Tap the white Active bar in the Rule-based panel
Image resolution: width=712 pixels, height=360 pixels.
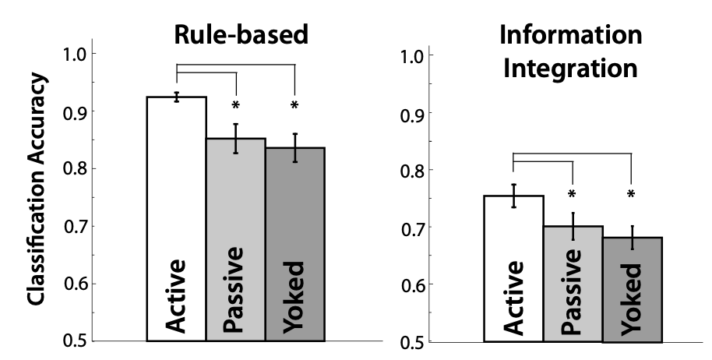(x=177, y=218)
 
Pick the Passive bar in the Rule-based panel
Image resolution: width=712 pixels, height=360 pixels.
(x=236, y=242)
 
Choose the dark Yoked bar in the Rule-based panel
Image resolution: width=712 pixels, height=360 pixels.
(x=295, y=245)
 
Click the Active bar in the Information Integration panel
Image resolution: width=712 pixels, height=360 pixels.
(x=513, y=269)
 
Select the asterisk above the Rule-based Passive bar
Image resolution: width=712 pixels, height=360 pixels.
(x=236, y=104)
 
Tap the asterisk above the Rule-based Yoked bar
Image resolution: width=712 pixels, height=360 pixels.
(x=295, y=104)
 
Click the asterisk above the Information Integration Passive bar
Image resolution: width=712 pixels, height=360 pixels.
(x=573, y=194)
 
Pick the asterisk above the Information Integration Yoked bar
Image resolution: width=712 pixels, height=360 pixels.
(x=632, y=194)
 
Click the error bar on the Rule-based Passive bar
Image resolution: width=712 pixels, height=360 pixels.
(x=236, y=138)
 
